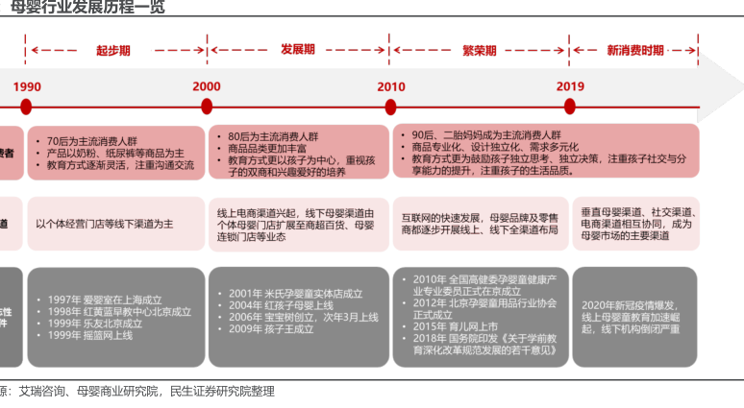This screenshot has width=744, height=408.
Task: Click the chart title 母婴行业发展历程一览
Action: coord(87,8)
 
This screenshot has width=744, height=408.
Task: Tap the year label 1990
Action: coord(27,85)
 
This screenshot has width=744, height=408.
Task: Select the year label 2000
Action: coord(207,85)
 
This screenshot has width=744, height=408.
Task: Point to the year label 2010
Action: coord(391,85)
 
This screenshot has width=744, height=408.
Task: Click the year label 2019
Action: coord(571,85)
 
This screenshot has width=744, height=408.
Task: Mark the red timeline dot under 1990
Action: coord(26,108)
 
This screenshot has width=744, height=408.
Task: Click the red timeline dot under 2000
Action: coord(207,108)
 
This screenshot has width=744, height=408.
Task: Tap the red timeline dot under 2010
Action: coord(391,108)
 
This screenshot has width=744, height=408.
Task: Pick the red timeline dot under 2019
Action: coord(571,108)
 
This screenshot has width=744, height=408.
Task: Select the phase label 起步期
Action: coord(113,50)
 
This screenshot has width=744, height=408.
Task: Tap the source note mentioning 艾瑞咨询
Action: coord(135,392)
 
